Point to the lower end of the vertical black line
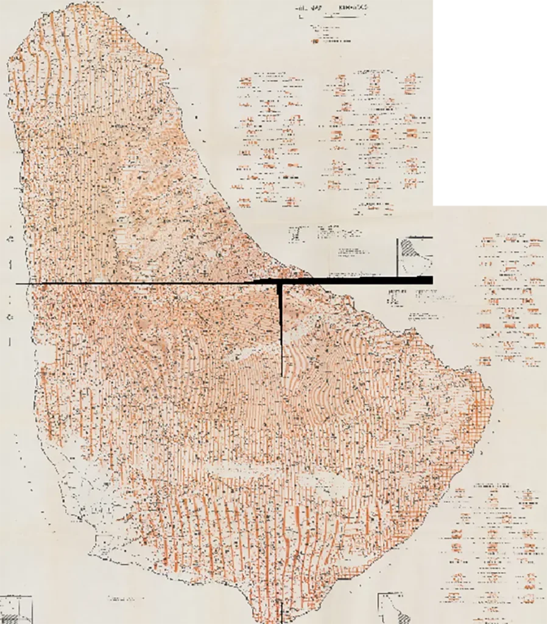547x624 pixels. coord(281,375)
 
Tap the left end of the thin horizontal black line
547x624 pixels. coord(16,284)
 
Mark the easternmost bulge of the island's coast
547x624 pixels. coord(490,390)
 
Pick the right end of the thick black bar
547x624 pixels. coord(432,280)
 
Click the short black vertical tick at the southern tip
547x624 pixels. coord(281,612)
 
